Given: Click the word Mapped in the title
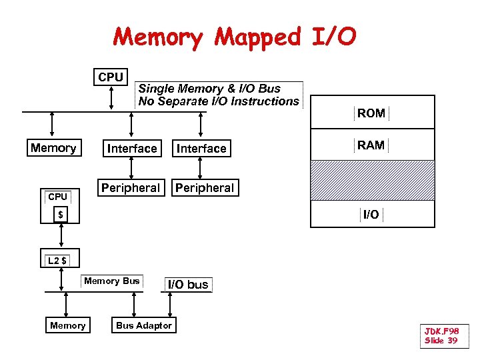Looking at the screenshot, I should [x=257, y=37].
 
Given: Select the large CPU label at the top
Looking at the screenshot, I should [x=111, y=77].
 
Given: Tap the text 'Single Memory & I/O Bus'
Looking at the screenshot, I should [x=209, y=89].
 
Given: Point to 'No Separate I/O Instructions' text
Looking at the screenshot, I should [x=219, y=101].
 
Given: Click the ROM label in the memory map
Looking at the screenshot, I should [x=371, y=113].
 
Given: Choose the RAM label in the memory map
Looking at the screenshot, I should [x=371, y=145].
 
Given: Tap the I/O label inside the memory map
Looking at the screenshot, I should [x=371, y=214].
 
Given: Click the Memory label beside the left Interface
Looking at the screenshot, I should [x=53, y=148].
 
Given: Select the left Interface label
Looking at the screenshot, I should [x=132, y=149].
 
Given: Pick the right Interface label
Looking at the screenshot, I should [x=201, y=149].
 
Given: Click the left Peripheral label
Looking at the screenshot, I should [x=131, y=188].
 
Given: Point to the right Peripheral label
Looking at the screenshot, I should [x=205, y=188].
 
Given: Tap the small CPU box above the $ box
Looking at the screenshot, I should [x=58, y=197].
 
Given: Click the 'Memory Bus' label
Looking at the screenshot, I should [x=112, y=281].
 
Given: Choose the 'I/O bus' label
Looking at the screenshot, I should [x=187, y=285].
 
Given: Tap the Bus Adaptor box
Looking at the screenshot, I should [x=144, y=325].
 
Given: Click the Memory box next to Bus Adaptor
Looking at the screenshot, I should [x=68, y=325].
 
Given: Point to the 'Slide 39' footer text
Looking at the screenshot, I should [x=441, y=341].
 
